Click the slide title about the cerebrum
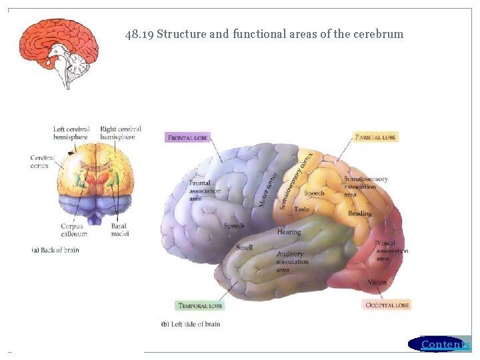pyautogui.click(x=264, y=34)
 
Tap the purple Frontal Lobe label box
pyautogui.click(x=187, y=137)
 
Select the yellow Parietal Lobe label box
pyautogui.click(x=376, y=137)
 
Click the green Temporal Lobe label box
pyautogui.click(x=200, y=306)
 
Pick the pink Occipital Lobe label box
pyautogui.click(x=387, y=305)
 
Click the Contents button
pyautogui.click(x=440, y=344)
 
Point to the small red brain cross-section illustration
pyautogui.click(x=59, y=52)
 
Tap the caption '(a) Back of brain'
pyautogui.click(x=55, y=249)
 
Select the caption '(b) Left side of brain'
pyautogui.click(x=191, y=324)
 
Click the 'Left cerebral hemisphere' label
pyautogui.click(x=71, y=133)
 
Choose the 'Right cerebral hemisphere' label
pyautogui.click(x=121, y=133)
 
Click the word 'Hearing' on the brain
pyautogui.click(x=289, y=232)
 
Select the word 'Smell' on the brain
pyautogui.click(x=244, y=247)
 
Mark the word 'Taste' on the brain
pyautogui.click(x=301, y=209)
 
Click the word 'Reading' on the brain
pyautogui.click(x=359, y=213)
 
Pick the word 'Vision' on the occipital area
pyautogui.click(x=377, y=282)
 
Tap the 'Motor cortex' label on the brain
pyautogui.click(x=268, y=188)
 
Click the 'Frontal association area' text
pyautogui.click(x=204, y=191)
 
